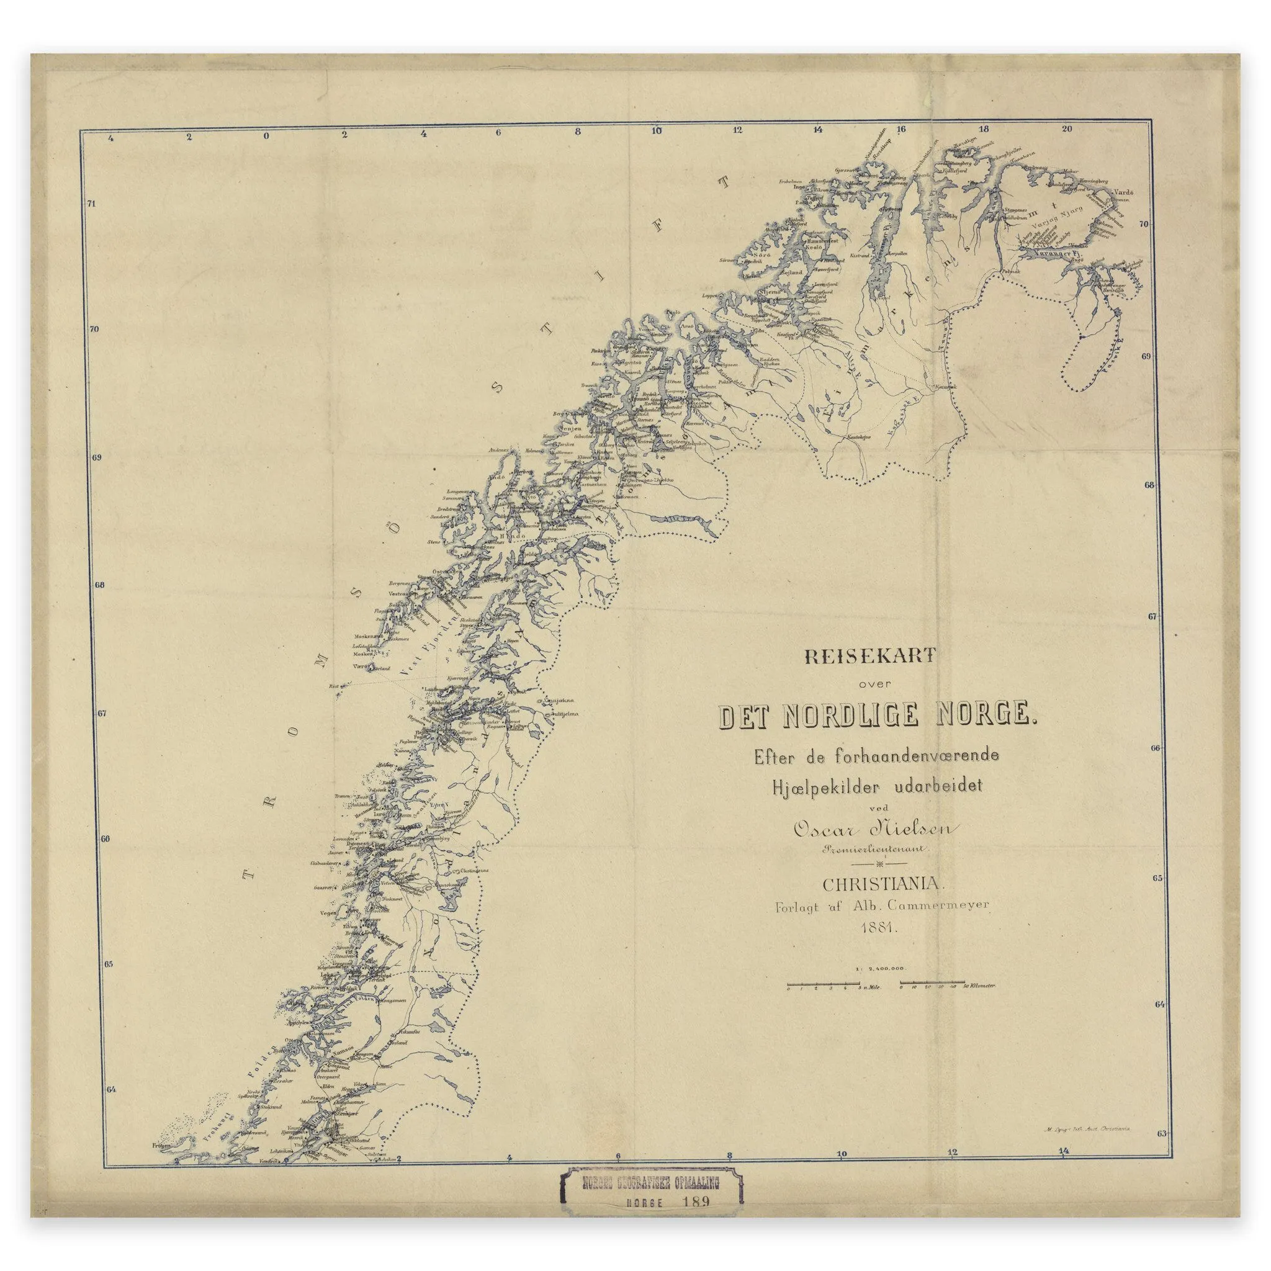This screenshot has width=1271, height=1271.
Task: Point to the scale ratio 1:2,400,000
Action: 881,987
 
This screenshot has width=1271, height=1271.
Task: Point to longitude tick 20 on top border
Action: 1066,130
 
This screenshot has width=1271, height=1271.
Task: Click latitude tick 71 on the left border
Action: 91,204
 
